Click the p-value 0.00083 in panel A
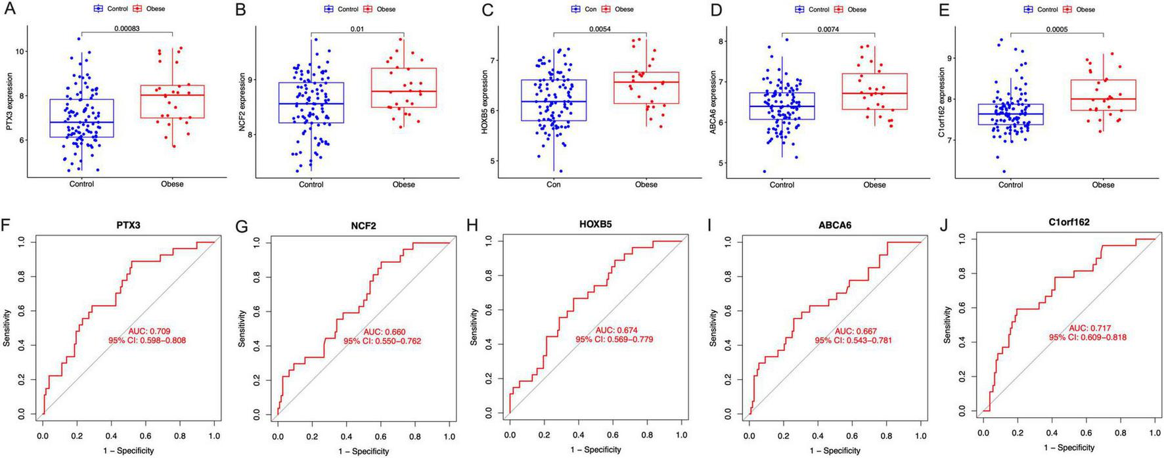coord(127,28)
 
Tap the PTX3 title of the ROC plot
coord(129,225)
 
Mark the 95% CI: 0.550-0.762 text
coord(382,341)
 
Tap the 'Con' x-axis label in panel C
coord(553,185)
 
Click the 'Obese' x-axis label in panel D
coord(874,185)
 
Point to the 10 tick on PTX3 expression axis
coord(20,51)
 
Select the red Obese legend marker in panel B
coord(369,9)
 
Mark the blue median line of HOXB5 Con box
coord(553,101)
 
